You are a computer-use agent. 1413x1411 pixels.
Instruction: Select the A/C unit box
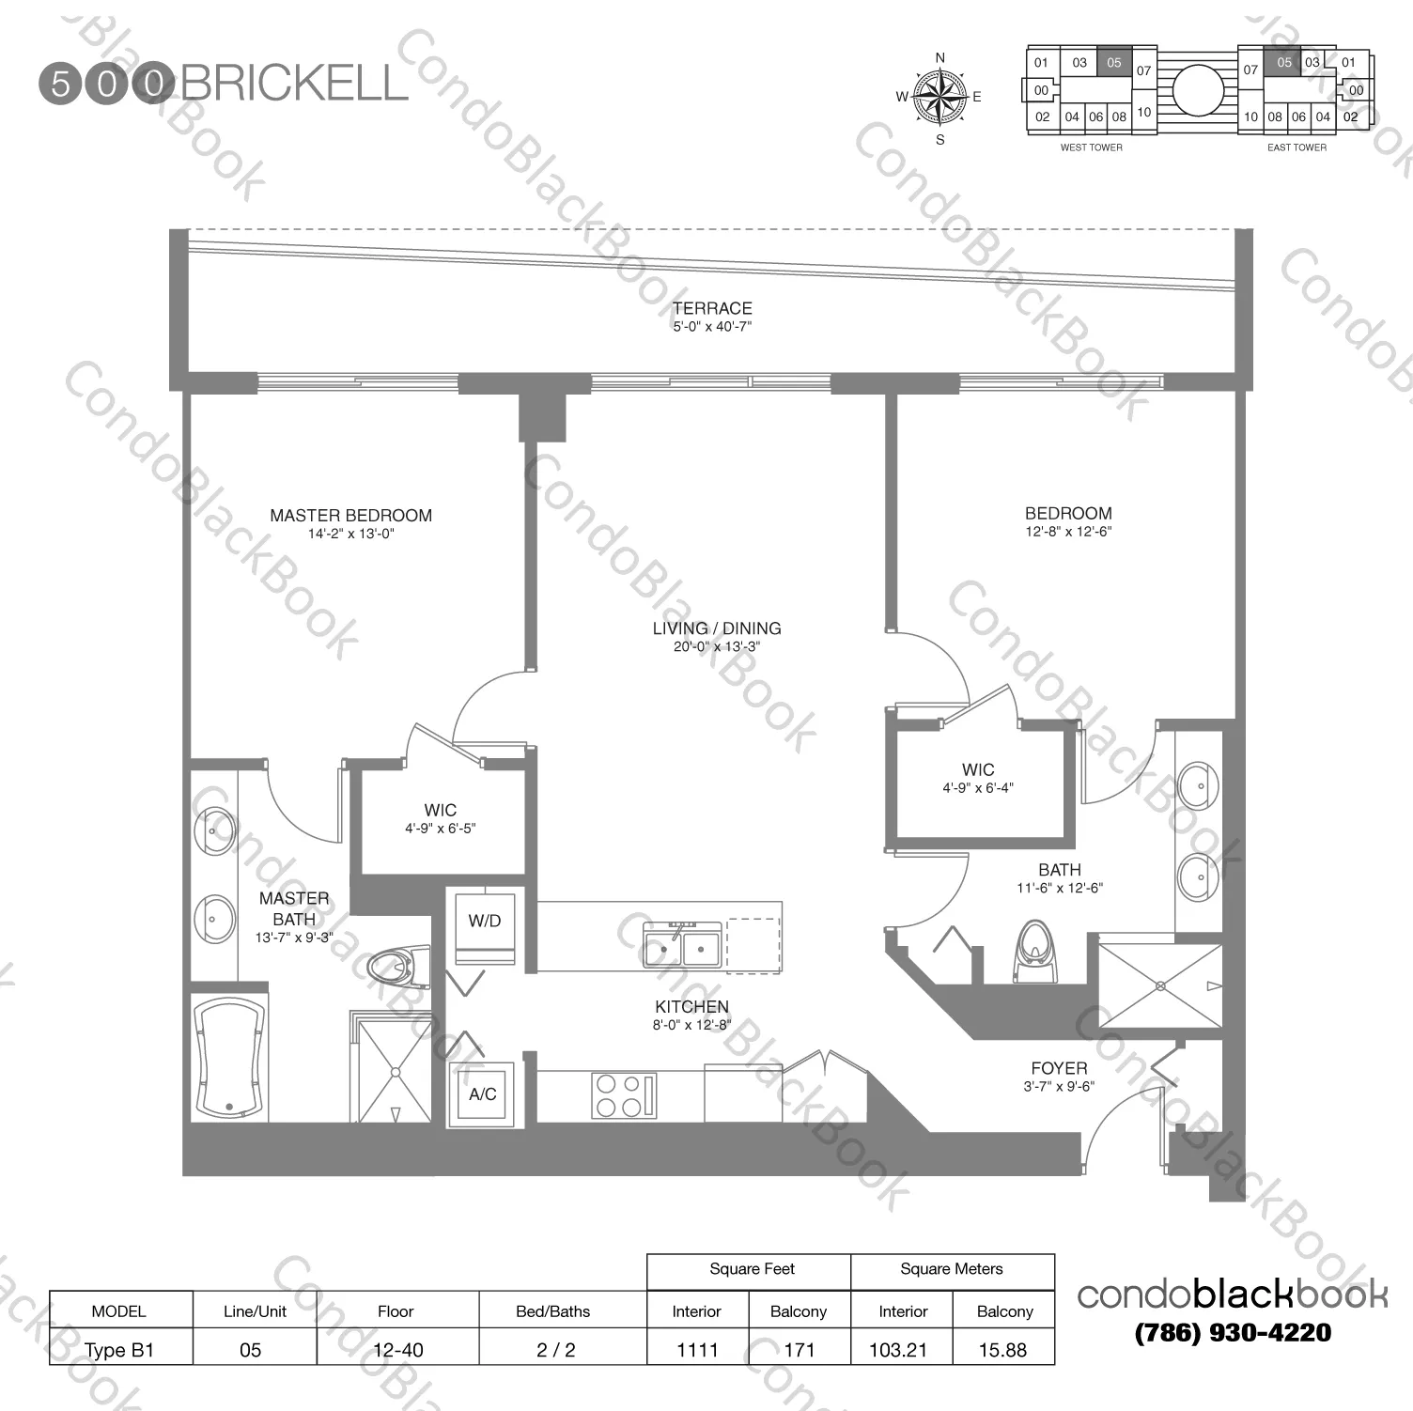point(483,1093)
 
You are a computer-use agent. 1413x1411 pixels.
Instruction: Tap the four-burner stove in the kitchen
point(623,1095)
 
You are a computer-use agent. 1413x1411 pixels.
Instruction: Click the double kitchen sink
point(682,946)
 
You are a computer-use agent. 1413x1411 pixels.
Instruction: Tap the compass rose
point(939,97)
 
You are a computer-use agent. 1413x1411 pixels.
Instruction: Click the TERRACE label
point(712,308)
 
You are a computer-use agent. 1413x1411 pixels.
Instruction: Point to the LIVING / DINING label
point(717,628)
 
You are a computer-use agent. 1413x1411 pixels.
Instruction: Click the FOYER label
point(1059,1068)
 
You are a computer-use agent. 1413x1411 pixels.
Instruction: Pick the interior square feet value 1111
point(697,1350)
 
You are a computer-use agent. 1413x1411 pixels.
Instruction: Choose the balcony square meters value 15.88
point(1002,1350)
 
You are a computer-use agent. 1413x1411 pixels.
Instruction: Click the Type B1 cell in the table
point(119,1350)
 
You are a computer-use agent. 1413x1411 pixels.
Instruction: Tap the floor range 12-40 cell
point(397,1350)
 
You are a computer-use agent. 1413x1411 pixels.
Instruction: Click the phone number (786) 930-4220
point(1233,1332)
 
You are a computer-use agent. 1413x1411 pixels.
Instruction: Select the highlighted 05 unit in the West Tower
point(1113,63)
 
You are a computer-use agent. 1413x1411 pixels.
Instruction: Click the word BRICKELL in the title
point(294,84)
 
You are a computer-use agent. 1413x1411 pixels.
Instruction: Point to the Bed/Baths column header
point(552,1311)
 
